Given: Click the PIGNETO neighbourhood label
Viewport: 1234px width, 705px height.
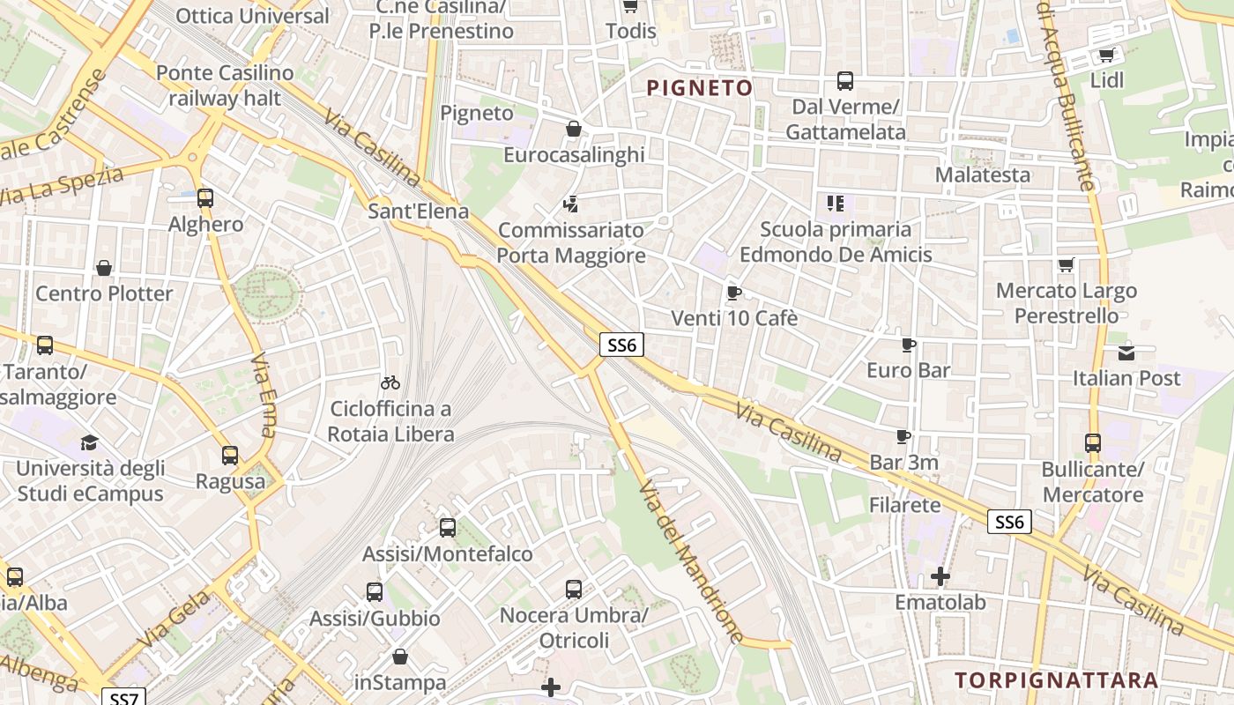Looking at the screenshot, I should [700, 88].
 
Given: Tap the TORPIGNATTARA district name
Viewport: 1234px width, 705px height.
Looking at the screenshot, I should [1056, 680].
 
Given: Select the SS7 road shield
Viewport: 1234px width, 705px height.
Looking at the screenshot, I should [123, 698].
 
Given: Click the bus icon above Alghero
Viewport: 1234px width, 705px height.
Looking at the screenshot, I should [205, 198].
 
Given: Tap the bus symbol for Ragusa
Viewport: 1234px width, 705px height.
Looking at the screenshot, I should [230, 456].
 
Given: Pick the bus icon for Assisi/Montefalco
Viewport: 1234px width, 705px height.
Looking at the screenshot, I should [448, 528].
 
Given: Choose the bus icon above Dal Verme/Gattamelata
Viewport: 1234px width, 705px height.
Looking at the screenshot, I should [845, 81].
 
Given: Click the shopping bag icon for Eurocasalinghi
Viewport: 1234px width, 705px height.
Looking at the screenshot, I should [574, 130].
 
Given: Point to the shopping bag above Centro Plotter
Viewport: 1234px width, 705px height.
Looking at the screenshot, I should [104, 268].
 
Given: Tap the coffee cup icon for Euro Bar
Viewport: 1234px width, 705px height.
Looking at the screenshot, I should [909, 345].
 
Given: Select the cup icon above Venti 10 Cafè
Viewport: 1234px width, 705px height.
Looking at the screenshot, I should [733, 293].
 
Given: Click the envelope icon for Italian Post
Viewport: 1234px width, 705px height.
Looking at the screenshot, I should [1126, 353].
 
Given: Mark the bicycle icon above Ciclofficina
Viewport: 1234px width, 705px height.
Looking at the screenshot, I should [390, 382].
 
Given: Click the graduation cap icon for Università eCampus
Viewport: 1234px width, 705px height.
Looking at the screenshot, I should [89, 442].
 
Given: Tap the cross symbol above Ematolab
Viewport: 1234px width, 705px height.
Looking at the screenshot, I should [940, 577].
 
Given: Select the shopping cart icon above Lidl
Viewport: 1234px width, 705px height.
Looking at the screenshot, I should [1106, 55].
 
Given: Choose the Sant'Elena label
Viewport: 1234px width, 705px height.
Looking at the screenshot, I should [418, 211].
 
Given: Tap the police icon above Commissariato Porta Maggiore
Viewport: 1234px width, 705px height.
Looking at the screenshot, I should [571, 204].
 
